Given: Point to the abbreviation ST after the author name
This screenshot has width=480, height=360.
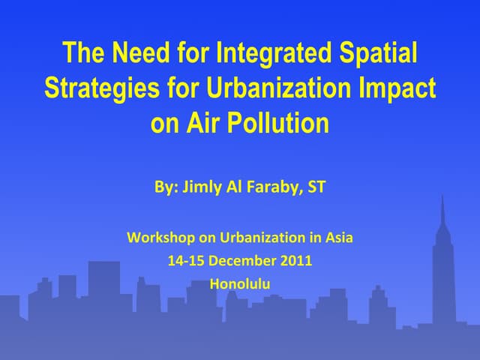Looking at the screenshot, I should coord(316,187).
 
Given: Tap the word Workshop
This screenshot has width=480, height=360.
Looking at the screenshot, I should coord(160,238).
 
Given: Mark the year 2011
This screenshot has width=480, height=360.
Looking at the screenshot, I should coord(298,262).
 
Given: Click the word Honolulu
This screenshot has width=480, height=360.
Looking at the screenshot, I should coord(240,285).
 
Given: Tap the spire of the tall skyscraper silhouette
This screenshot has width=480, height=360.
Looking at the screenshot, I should coord(442,206).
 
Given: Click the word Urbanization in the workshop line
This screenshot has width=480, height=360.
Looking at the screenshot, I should coord(260,238).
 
